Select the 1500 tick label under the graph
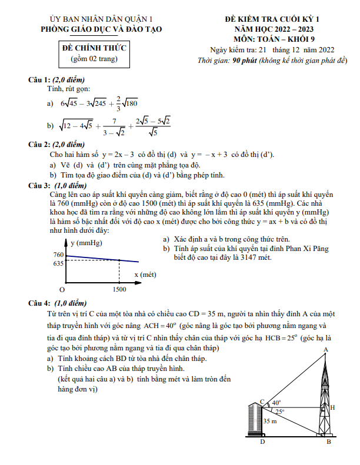(x=119, y=290)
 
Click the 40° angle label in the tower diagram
(x=277, y=403)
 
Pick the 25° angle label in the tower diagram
(x=279, y=412)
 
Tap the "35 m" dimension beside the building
(x=271, y=421)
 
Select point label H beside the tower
(x=332, y=407)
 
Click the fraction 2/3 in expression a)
(x=118, y=103)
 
